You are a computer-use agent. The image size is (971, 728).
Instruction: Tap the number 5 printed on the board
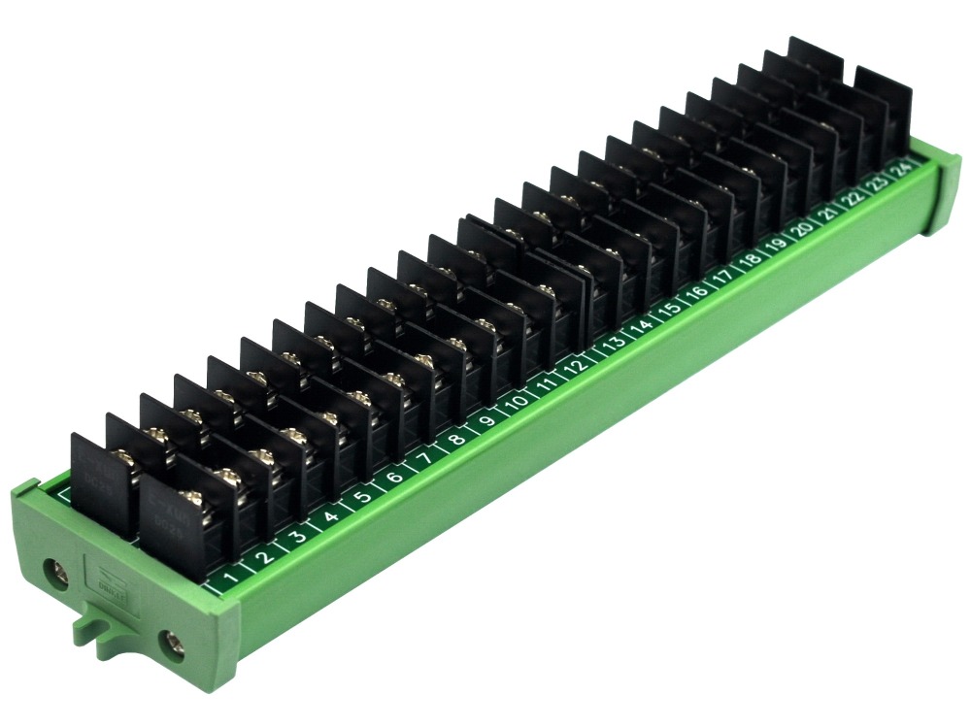(x=362, y=497)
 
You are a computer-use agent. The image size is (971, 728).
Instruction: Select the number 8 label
(x=456, y=438)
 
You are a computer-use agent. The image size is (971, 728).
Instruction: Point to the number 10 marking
(x=519, y=401)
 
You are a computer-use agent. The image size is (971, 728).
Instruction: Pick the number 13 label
(x=614, y=343)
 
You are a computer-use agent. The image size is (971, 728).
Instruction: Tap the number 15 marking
(x=669, y=309)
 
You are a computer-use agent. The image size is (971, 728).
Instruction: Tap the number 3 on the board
(x=299, y=537)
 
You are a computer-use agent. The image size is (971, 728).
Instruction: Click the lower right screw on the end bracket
(x=172, y=642)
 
